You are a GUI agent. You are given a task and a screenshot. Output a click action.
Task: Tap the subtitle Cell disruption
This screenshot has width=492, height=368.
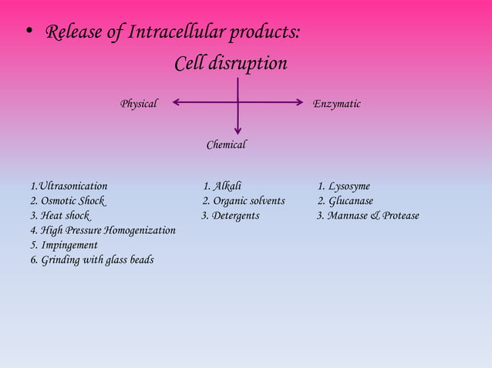[x=231, y=63]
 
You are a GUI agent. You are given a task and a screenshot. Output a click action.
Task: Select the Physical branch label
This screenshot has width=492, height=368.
[x=139, y=103]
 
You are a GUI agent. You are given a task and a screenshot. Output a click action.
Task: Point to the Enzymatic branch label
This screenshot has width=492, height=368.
[x=336, y=103]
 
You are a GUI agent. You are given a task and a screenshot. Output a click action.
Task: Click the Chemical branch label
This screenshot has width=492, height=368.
[x=226, y=145]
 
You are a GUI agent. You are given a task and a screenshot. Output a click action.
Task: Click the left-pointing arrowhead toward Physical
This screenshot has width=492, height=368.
[x=177, y=102]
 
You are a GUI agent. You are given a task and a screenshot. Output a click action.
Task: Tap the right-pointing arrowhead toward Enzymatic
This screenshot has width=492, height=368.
[x=298, y=102]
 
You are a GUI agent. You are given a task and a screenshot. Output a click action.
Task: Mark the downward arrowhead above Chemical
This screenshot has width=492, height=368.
[x=238, y=131]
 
